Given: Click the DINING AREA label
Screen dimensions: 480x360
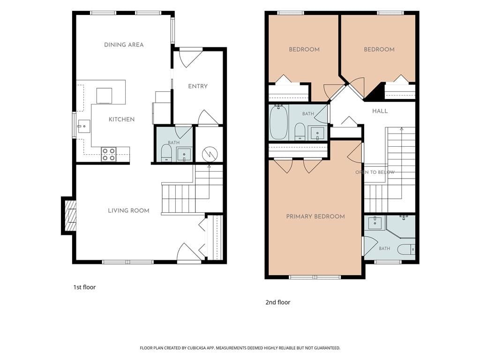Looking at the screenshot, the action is pos(124,45).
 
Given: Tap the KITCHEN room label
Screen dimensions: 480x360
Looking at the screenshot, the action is pos(121,120).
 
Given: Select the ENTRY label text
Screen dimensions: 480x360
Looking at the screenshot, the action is pos(198,86).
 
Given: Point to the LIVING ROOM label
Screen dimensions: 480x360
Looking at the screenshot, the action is pos(128,210).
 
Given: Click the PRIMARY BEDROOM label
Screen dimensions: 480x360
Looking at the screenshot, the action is pos(315,217).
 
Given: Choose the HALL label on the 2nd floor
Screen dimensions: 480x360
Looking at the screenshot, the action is pos(380,111).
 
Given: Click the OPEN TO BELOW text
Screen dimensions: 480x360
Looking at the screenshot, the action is pos(375,172).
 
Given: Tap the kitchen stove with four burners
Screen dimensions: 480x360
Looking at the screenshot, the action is pos(109,154).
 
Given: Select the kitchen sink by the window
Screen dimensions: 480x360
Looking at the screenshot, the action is pos(83,126).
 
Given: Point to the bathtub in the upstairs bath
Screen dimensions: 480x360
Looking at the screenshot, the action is pos(278,122).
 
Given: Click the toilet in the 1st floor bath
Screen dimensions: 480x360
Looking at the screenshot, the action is pos(166,153).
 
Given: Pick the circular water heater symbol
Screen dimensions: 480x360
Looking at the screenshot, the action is pos(210,154).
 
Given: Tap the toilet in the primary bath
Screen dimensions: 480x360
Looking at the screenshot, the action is pos(406,249).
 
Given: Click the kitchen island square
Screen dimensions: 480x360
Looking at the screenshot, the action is pos(104,96).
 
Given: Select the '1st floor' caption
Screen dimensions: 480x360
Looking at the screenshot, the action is pos(84,287).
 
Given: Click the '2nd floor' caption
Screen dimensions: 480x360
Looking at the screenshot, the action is pos(277,302).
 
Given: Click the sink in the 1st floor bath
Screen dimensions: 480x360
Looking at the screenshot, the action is pos(184,155).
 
